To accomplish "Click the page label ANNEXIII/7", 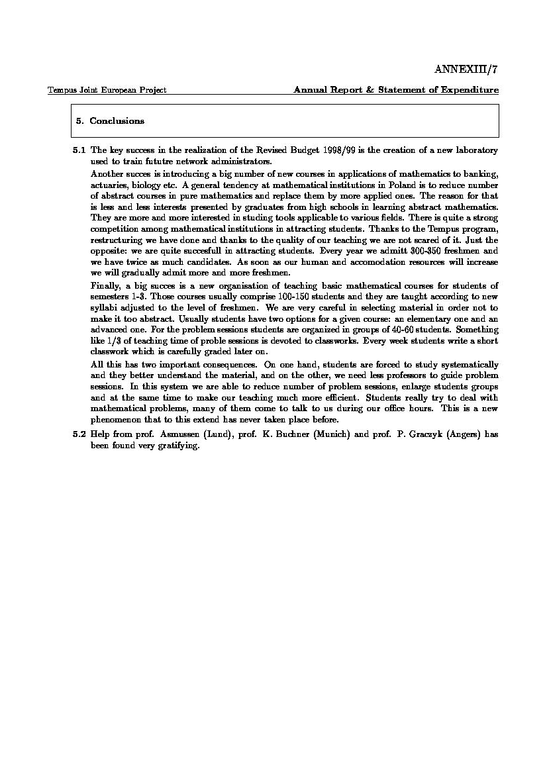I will point(466,70).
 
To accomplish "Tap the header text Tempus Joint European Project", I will point(107,90).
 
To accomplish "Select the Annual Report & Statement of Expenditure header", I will point(396,90).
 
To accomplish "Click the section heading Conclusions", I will point(117,121).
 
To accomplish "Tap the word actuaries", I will point(109,185).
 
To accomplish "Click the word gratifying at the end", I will point(179,446).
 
